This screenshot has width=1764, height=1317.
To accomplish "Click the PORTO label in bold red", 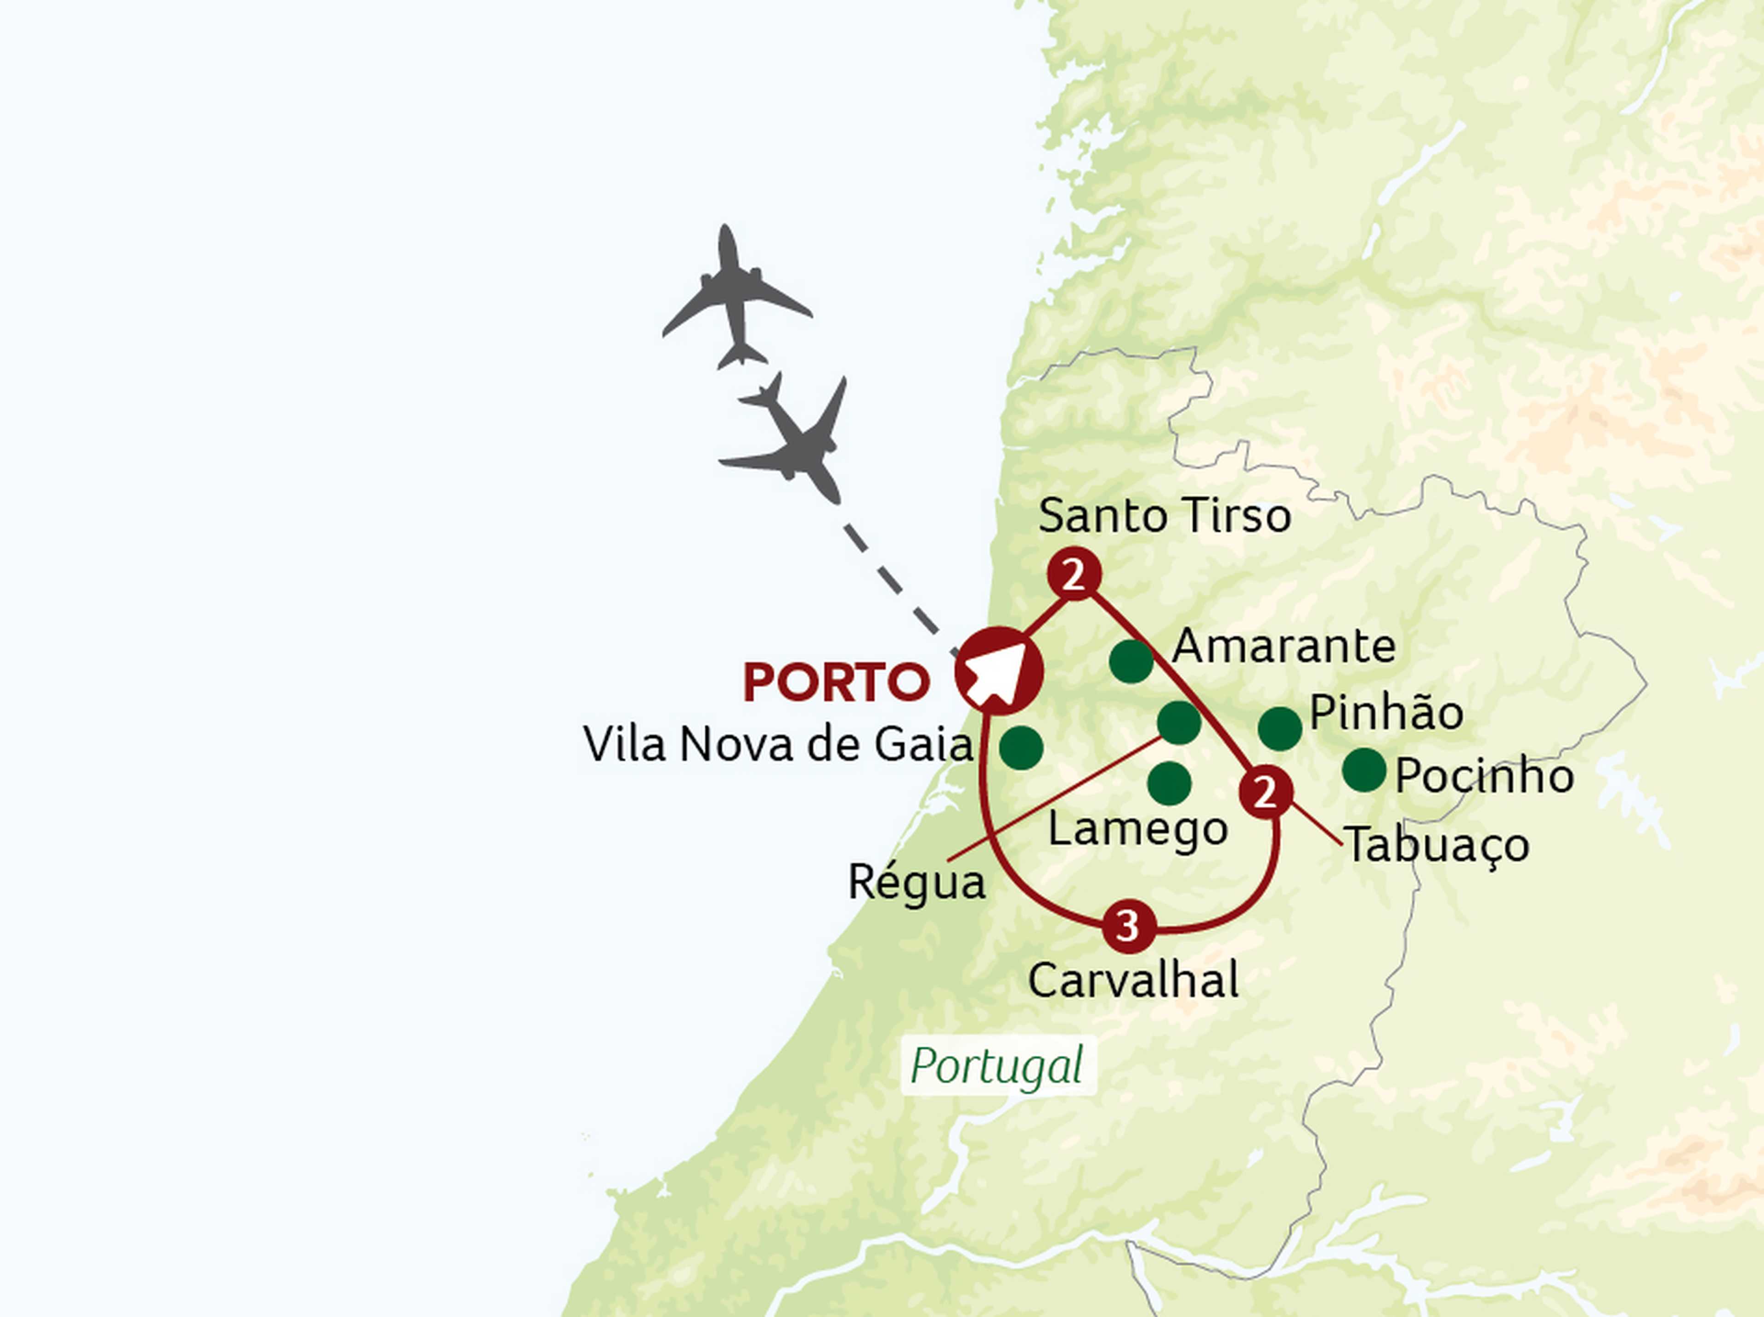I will pyautogui.click(x=836, y=682).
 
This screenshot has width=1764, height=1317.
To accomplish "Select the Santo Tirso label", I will pyautogui.click(x=1165, y=515).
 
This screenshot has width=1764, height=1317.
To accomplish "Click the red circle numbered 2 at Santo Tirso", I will pyautogui.click(x=1074, y=574).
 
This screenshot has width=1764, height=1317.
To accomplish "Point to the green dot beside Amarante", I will pyautogui.click(x=1131, y=661).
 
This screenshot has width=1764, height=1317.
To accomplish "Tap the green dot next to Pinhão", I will pyautogui.click(x=1280, y=728).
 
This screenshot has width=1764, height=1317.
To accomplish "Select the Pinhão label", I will pyautogui.click(x=1386, y=713).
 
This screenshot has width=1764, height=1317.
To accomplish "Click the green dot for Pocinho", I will pyautogui.click(x=1364, y=769).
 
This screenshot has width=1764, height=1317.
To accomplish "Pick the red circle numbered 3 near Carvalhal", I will pyautogui.click(x=1128, y=926).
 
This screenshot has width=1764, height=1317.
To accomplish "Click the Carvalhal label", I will pyautogui.click(x=1133, y=980).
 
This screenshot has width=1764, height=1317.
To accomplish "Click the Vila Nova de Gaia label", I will pyautogui.click(x=778, y=744).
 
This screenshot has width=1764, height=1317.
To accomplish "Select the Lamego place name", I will pyautogui.click(x=1137, y=830).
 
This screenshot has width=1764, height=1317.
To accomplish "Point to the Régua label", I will pyautogui.click(x=916, y=883).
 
